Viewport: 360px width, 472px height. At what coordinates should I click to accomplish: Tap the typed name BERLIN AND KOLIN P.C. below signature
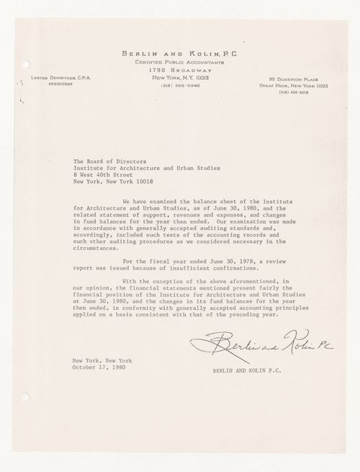[246, 371]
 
